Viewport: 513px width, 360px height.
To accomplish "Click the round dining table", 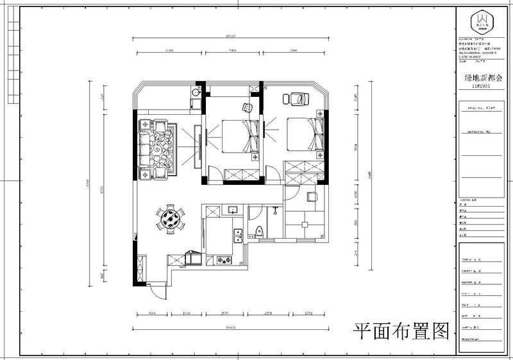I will pos(171,218).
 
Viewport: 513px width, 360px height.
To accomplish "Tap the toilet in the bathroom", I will pos(260,234).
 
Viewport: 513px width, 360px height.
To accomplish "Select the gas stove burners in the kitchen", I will pos(226,260).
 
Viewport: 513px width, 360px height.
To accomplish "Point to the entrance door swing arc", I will pos(156,292).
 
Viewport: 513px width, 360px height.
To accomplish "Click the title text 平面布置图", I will pos(401,330).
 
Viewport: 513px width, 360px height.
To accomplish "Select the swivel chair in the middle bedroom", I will pos(248,107).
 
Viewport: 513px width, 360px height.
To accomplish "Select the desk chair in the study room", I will pos(312,197).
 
